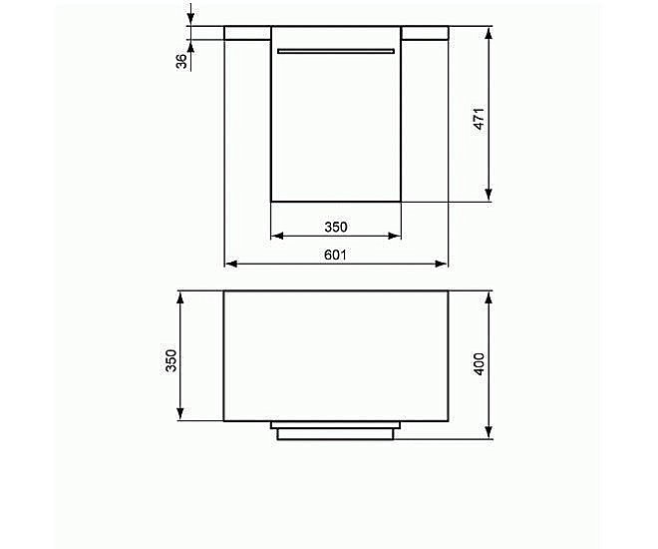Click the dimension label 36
[x=180, y=60]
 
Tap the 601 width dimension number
[x=335, y=255]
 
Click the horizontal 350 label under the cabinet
[x=335, y=227]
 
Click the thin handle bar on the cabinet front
[x=336, y=50]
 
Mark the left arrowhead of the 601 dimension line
[x=229, y=264]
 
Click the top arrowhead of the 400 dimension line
[x=489, y=296]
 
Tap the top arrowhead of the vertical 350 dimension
[x=180, y=296]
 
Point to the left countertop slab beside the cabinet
[x=247, y=33]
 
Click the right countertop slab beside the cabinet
[x=425, y=33]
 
